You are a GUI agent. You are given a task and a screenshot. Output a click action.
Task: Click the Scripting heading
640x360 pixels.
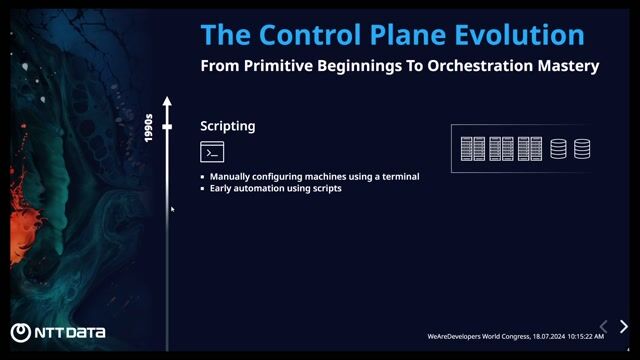(227, 126)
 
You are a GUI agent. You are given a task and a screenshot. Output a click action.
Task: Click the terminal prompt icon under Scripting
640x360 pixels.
(212, 152)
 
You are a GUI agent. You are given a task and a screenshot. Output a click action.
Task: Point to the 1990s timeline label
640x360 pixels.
(148, 127)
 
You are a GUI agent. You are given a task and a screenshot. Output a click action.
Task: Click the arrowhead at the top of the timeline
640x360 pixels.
(168, 101)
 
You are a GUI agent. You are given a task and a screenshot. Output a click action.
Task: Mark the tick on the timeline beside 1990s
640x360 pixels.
(168, 127)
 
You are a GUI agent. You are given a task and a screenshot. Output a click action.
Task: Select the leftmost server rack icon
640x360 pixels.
(472, 149)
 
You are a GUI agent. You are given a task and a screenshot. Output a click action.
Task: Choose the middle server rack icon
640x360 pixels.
(501, 149)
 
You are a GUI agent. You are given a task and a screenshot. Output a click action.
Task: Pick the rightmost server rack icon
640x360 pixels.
(530, 149)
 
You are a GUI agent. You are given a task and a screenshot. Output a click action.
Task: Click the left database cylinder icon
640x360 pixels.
(558, 149)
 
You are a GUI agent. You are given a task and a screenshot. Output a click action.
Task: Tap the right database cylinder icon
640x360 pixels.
(582, 149)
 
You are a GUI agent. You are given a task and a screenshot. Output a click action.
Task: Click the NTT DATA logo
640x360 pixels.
(58, 333)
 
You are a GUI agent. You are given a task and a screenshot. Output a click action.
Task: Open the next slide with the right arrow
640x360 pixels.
(624, 327)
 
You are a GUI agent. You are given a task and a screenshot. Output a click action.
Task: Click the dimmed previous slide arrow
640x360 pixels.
(603, 327)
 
